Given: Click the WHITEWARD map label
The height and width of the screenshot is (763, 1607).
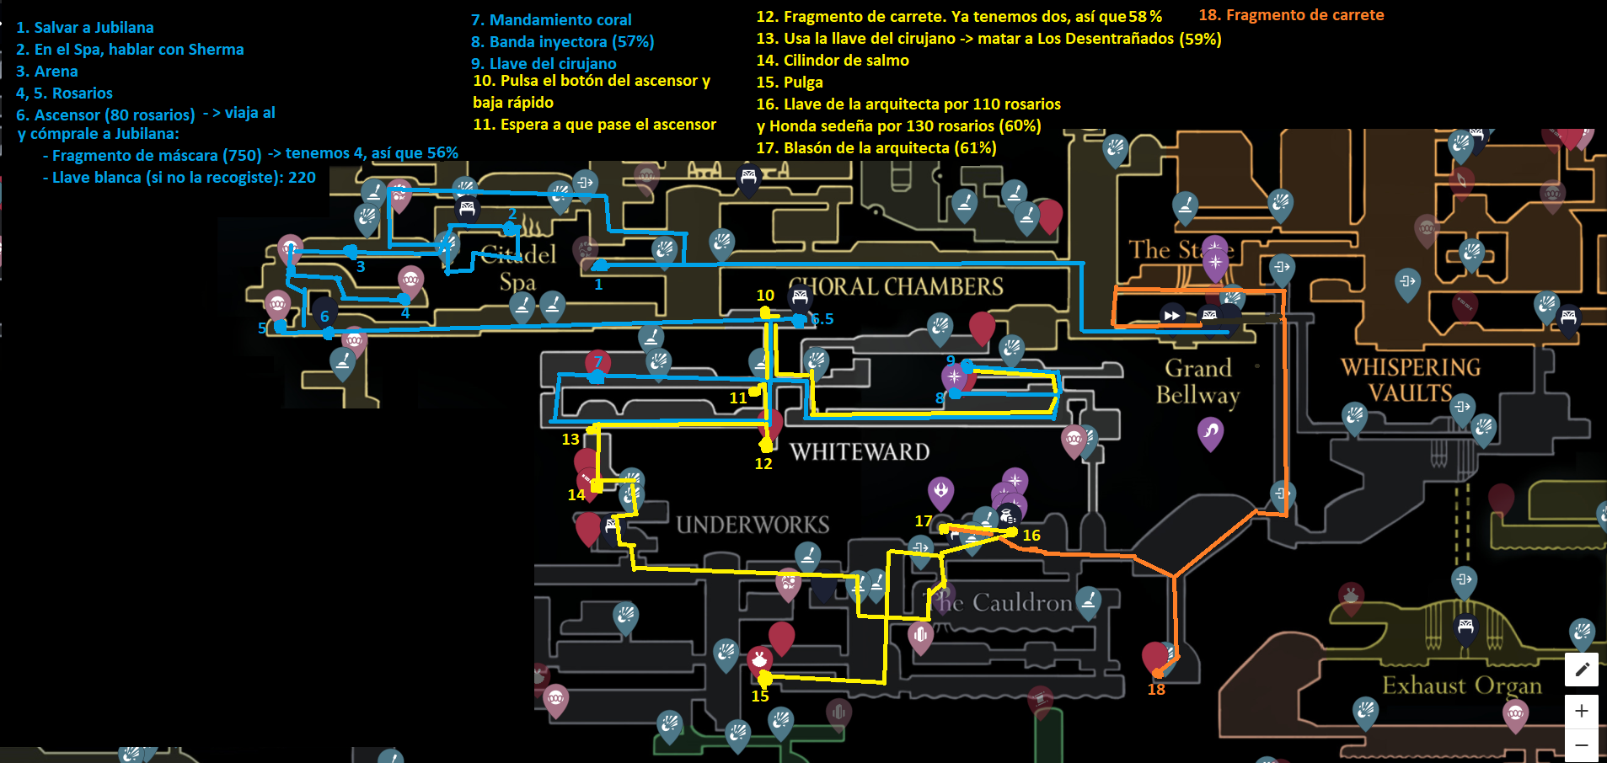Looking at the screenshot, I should [860, 452].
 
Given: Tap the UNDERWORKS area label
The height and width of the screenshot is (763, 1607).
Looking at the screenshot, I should [753, 525].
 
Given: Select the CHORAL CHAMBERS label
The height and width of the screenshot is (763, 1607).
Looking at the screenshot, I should [897, 287].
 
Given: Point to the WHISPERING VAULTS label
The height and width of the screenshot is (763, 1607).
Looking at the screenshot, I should [1411, 380].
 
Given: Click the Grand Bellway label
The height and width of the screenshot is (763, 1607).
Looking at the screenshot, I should [1197, 381].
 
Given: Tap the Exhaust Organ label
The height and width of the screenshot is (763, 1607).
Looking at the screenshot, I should [1461, 686].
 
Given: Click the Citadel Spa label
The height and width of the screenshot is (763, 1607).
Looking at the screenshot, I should [518, 268].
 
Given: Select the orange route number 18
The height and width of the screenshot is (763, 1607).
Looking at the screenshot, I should [1156, 690].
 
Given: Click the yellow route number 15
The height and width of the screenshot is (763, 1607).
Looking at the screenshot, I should [760, 696].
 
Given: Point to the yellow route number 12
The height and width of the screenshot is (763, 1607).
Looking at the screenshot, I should [763, 464].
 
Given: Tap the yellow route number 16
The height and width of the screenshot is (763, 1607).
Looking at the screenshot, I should [1031, 536].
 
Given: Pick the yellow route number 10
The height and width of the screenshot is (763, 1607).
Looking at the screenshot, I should [765, 296].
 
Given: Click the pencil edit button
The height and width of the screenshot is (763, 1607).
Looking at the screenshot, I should [1582, 670].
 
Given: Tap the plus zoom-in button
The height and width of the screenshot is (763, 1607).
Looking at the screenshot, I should [1582, 711].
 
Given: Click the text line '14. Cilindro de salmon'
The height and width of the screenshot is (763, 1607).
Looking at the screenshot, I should [833, 61].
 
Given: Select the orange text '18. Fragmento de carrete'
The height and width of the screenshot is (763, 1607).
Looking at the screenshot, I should [1291, 15].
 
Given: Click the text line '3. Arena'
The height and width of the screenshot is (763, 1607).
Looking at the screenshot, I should [47, 72].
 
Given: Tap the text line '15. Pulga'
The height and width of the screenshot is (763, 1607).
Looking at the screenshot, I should [790, 83].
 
